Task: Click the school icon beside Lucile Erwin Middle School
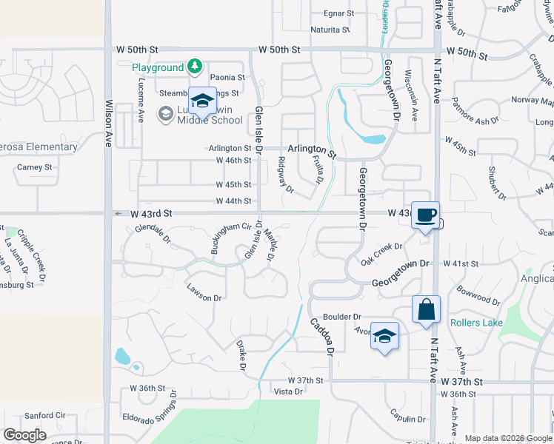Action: click(202, 100)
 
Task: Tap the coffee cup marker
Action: click(425, 215)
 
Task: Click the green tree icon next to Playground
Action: click(194, 67)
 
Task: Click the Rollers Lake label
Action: click(476, 323)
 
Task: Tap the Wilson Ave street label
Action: click(108, 124)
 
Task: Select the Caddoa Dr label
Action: click(323, 335)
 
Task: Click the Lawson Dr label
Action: click(204, 293)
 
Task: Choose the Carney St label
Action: click(35, 167)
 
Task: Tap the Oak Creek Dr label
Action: click(381, 254)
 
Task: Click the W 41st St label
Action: click(462, 263)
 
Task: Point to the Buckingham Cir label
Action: click(227, 238)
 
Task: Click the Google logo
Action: click(24, 435)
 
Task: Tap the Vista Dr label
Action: click(289, 391)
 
